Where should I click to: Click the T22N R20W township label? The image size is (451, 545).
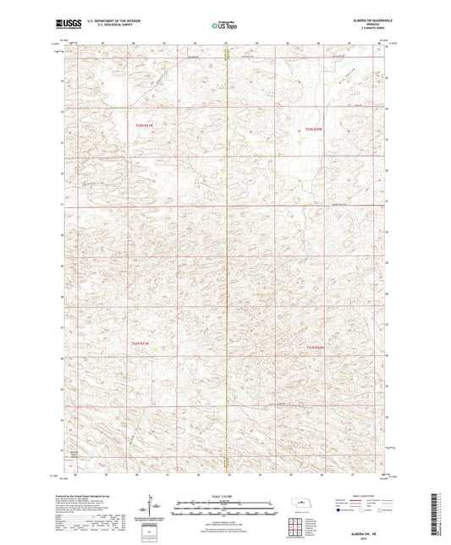point(314,129)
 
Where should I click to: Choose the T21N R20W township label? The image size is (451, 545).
point(315,345)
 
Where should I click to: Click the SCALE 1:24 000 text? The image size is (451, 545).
point(225,496)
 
